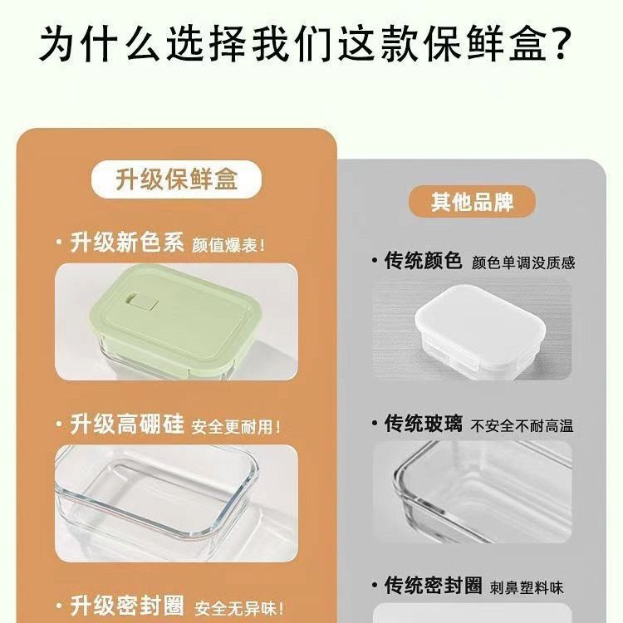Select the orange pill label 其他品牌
click(472, 203)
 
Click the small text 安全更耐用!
click(236, 427)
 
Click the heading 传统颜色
click(423, 261)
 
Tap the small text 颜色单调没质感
click(523, 262)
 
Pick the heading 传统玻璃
click(423, 424)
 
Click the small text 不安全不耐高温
click(522, 426)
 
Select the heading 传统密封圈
click(433, 586)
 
